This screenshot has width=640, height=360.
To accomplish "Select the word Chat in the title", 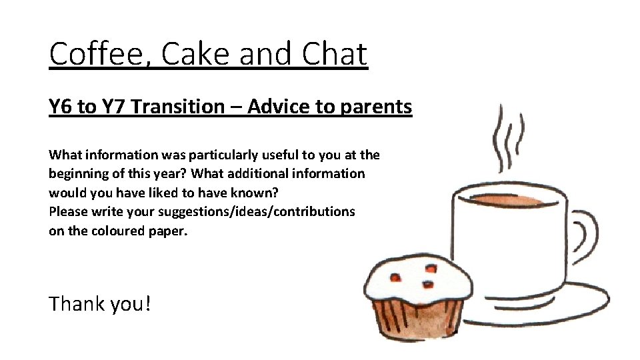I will pyautogui.click(x=333, y=54).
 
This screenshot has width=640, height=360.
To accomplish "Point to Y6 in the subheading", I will pyautogui.click(x=61, y=106).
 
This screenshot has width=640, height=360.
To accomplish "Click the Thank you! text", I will pyautogui.click(x=100, y=304).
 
